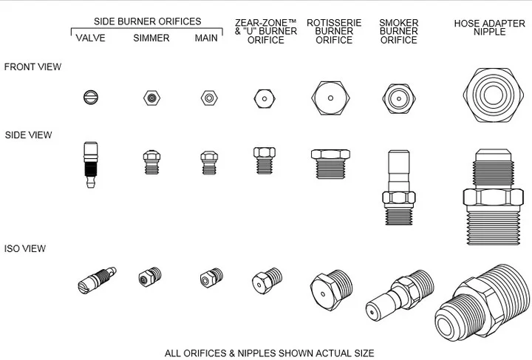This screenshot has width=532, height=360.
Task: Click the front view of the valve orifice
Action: [x=91, y=98]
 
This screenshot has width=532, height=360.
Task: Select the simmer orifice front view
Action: [x=151, y=98]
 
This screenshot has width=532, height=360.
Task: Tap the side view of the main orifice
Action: [x=209, y=163]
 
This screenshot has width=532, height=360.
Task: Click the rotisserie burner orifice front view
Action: [x=330, y=98]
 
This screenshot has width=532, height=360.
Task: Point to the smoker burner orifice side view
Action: [x=399, y=188]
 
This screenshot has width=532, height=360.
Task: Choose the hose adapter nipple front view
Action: [x=493, y=95]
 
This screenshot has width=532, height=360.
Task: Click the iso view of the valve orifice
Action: [x=97, y=280]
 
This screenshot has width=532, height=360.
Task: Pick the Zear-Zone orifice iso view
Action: [x=267, y=281]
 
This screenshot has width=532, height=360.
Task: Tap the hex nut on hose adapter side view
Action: [x=493, y=197]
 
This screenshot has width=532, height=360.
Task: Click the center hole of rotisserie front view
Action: [x=330, y=98]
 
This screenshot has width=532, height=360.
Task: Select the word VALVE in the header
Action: [x=90, y=38]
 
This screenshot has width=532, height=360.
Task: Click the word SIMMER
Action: [x=151, y=38]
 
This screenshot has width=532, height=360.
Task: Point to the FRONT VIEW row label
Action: [x=33, y=67]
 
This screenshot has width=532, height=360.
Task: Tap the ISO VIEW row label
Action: [x=25, y=248]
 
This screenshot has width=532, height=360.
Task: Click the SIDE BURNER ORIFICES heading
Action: [x=147, y=21]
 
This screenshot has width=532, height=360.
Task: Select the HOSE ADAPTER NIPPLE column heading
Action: [x=490, y=27]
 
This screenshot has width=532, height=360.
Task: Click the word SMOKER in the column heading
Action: [x=399, y=23]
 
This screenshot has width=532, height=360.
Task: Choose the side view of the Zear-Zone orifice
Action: [x=265, y=160]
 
